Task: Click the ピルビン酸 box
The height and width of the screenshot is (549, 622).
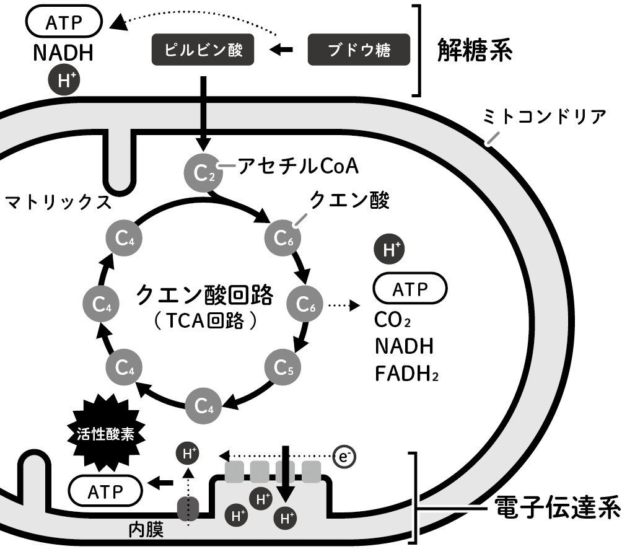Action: coord(203,50)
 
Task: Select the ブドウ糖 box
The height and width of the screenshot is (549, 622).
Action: coord(359,50)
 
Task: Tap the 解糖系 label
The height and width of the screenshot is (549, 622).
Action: coord(474,50)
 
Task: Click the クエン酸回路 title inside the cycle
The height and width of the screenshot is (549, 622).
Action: coord(204,294)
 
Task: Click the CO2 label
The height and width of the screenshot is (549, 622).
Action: coord(393,320)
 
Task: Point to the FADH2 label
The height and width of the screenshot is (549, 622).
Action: coord(406,374)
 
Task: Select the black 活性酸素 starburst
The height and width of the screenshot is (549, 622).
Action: coord(105,433)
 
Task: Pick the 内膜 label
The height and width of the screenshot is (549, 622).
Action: coord(146,530)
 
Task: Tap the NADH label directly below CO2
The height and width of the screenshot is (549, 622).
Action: coord(404,346)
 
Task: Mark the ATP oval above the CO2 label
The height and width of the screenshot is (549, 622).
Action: coord(410,289)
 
